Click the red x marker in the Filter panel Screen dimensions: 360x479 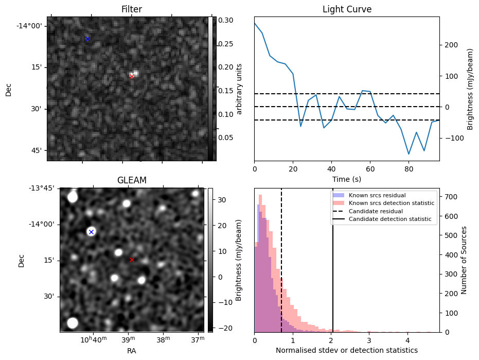click(132, 76)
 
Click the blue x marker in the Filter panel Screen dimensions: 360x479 click(87, 39)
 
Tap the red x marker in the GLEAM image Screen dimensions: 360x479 click(132, 260)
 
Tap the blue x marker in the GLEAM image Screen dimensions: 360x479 click(91, 232)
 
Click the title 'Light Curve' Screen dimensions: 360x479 click(347, 9)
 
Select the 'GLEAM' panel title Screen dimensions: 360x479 click(132, 180)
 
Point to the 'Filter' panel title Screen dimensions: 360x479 click(132, 9)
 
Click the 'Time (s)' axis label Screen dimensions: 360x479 click(347, 178)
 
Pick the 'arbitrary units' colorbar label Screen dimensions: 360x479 click(239, 89)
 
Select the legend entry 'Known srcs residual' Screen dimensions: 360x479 click(377, 196)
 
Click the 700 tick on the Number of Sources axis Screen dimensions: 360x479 click(451, 197)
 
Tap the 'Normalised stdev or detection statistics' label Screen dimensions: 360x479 click(347, 351)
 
